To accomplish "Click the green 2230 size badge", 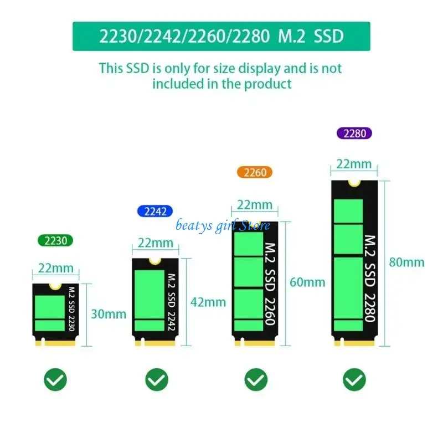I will pos(55,241).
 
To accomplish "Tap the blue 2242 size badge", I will pos(154,211).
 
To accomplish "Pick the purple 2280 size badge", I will pos(354,133).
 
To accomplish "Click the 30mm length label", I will pos(109,314).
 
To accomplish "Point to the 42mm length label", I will pos(208,302).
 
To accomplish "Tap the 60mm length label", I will pos(307,282).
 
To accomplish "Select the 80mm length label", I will pos(406,262).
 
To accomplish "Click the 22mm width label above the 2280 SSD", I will pos(354,164).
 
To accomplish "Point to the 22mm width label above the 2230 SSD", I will pos(55,269).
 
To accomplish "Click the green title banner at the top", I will pos(221,37).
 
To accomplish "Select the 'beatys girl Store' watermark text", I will pos(223,225).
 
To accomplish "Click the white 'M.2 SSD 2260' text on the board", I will pos(269,282).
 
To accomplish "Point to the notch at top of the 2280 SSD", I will pos(354,183).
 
